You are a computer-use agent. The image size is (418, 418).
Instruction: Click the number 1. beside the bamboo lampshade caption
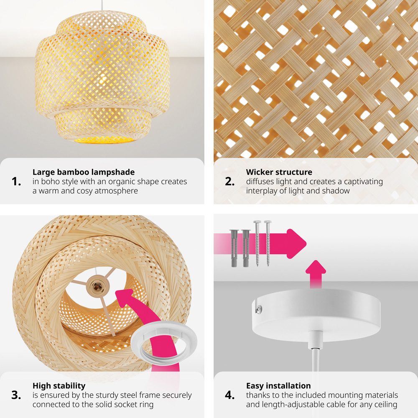[16, 181]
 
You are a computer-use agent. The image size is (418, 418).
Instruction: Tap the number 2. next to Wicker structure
[230, 181]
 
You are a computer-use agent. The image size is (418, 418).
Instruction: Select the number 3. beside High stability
[16, 395]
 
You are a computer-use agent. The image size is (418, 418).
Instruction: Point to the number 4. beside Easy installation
[230, 395]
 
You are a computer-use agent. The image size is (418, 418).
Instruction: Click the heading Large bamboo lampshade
[84, 172]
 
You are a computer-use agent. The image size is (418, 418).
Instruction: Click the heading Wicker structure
[279, 172]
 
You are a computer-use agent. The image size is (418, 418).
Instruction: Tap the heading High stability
[59, 386]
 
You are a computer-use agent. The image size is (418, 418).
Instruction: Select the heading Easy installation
[278, 386]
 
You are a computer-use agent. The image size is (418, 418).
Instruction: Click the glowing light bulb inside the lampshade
[103, 79]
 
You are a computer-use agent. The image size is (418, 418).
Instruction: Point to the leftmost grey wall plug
[234, 248]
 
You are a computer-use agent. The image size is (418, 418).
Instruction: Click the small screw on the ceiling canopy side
[258, 309]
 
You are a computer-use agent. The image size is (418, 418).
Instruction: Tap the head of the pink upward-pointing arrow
[316, 267]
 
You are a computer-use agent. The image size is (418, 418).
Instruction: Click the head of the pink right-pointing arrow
[296, 244]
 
